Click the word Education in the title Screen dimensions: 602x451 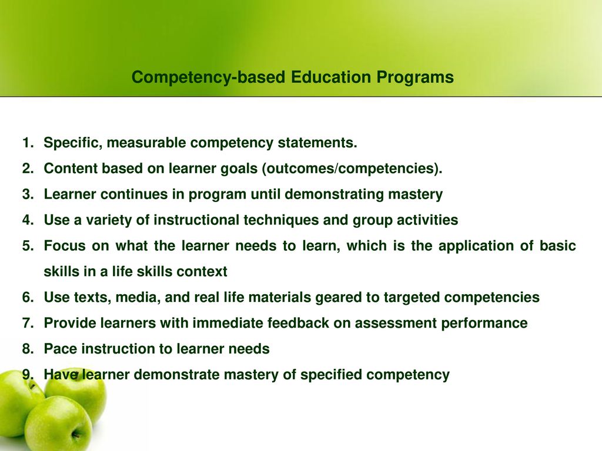tap(331, 77)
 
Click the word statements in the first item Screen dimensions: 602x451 tap(317, 143)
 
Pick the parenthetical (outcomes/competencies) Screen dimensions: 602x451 tap(352, 169)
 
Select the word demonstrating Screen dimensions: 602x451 tap(334, 194)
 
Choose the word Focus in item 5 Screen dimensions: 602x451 tap(65, 246)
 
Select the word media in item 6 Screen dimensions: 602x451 tap(138, 298)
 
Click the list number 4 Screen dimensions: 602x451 tap(28, 220)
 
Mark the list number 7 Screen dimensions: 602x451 tap(28, 323)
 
